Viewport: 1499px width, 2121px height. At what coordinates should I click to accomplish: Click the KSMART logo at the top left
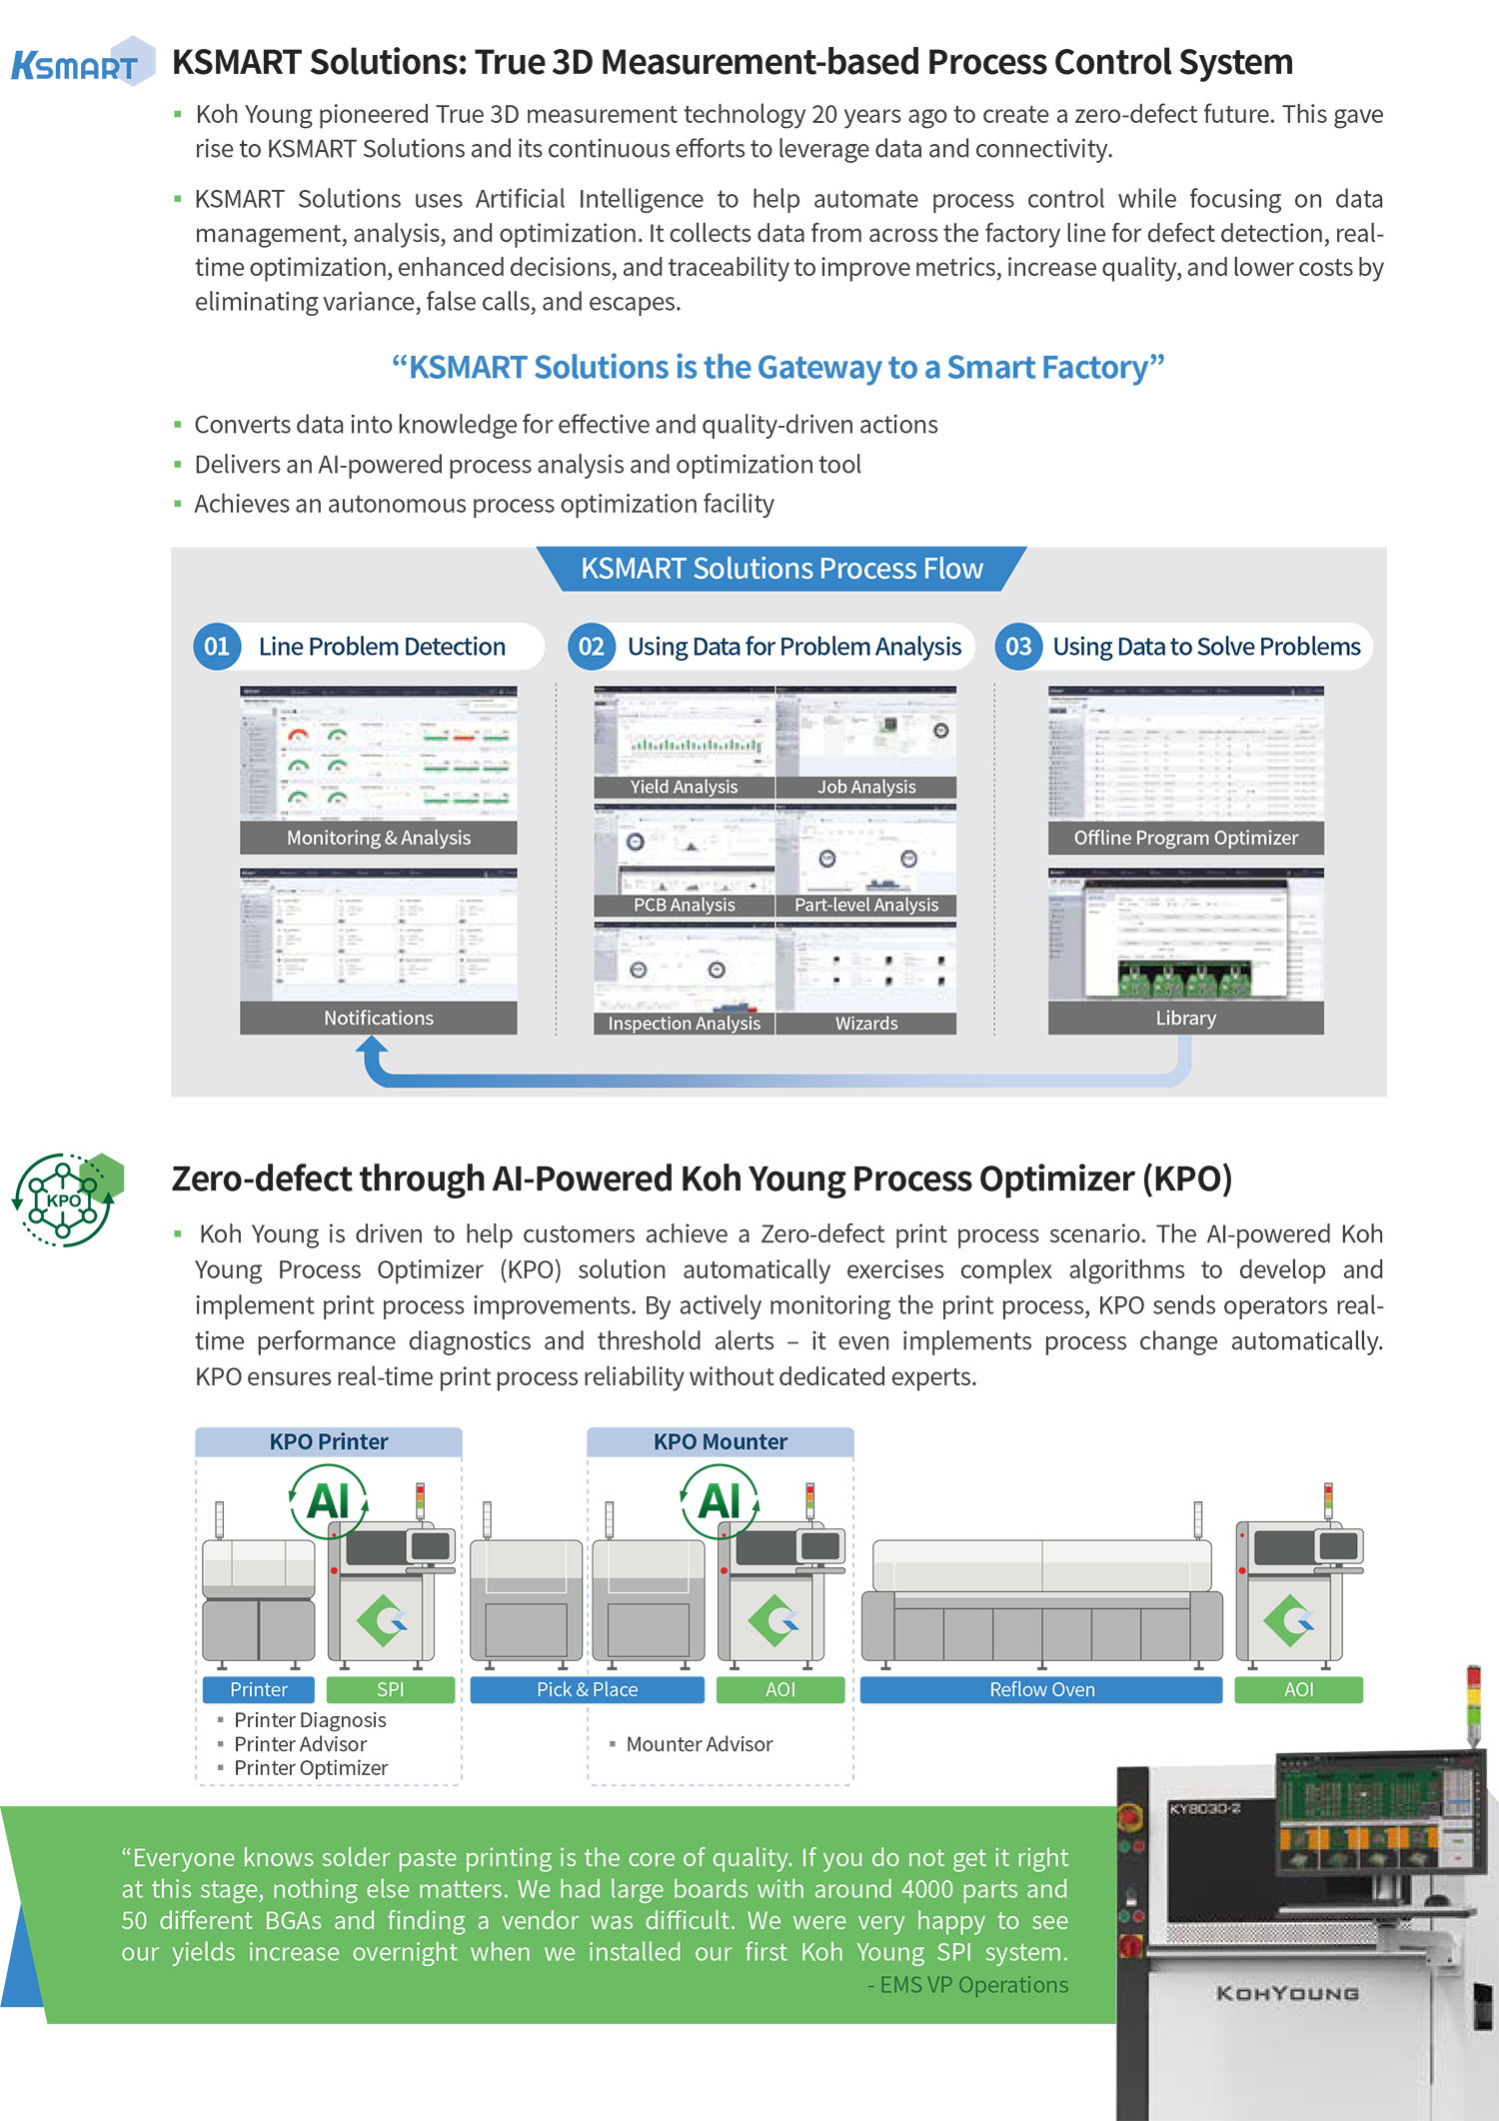80,64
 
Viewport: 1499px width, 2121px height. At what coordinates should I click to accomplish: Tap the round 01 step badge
217,647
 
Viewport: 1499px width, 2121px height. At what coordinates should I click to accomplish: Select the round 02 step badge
592,647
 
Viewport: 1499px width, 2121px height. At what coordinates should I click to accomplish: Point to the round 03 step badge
1018,647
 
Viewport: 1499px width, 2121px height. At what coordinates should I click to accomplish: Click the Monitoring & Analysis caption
378,838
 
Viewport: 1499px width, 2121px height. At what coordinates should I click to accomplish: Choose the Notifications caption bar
378,1018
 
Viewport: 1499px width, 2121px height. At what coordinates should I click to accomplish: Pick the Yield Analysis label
684,787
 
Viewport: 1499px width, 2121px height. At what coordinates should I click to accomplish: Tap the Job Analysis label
866,787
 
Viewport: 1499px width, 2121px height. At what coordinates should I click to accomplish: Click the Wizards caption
866,1024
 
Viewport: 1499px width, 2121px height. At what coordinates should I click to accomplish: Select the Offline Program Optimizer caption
1185,838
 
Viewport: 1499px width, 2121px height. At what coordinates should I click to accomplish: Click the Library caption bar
1185,1018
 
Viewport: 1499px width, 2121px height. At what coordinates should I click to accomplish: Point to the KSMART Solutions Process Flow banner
781,569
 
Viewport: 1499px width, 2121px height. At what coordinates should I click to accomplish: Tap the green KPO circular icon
66,1199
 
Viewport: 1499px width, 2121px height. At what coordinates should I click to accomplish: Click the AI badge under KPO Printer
329,1500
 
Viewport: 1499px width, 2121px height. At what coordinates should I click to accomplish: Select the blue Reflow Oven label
1041,1689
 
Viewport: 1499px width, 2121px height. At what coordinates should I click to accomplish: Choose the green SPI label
390,1689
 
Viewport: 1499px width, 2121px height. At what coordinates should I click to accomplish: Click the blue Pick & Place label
587,1689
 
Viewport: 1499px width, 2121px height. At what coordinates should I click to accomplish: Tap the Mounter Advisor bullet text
699,1744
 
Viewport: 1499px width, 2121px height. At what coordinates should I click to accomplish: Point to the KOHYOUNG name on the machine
1287,1993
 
